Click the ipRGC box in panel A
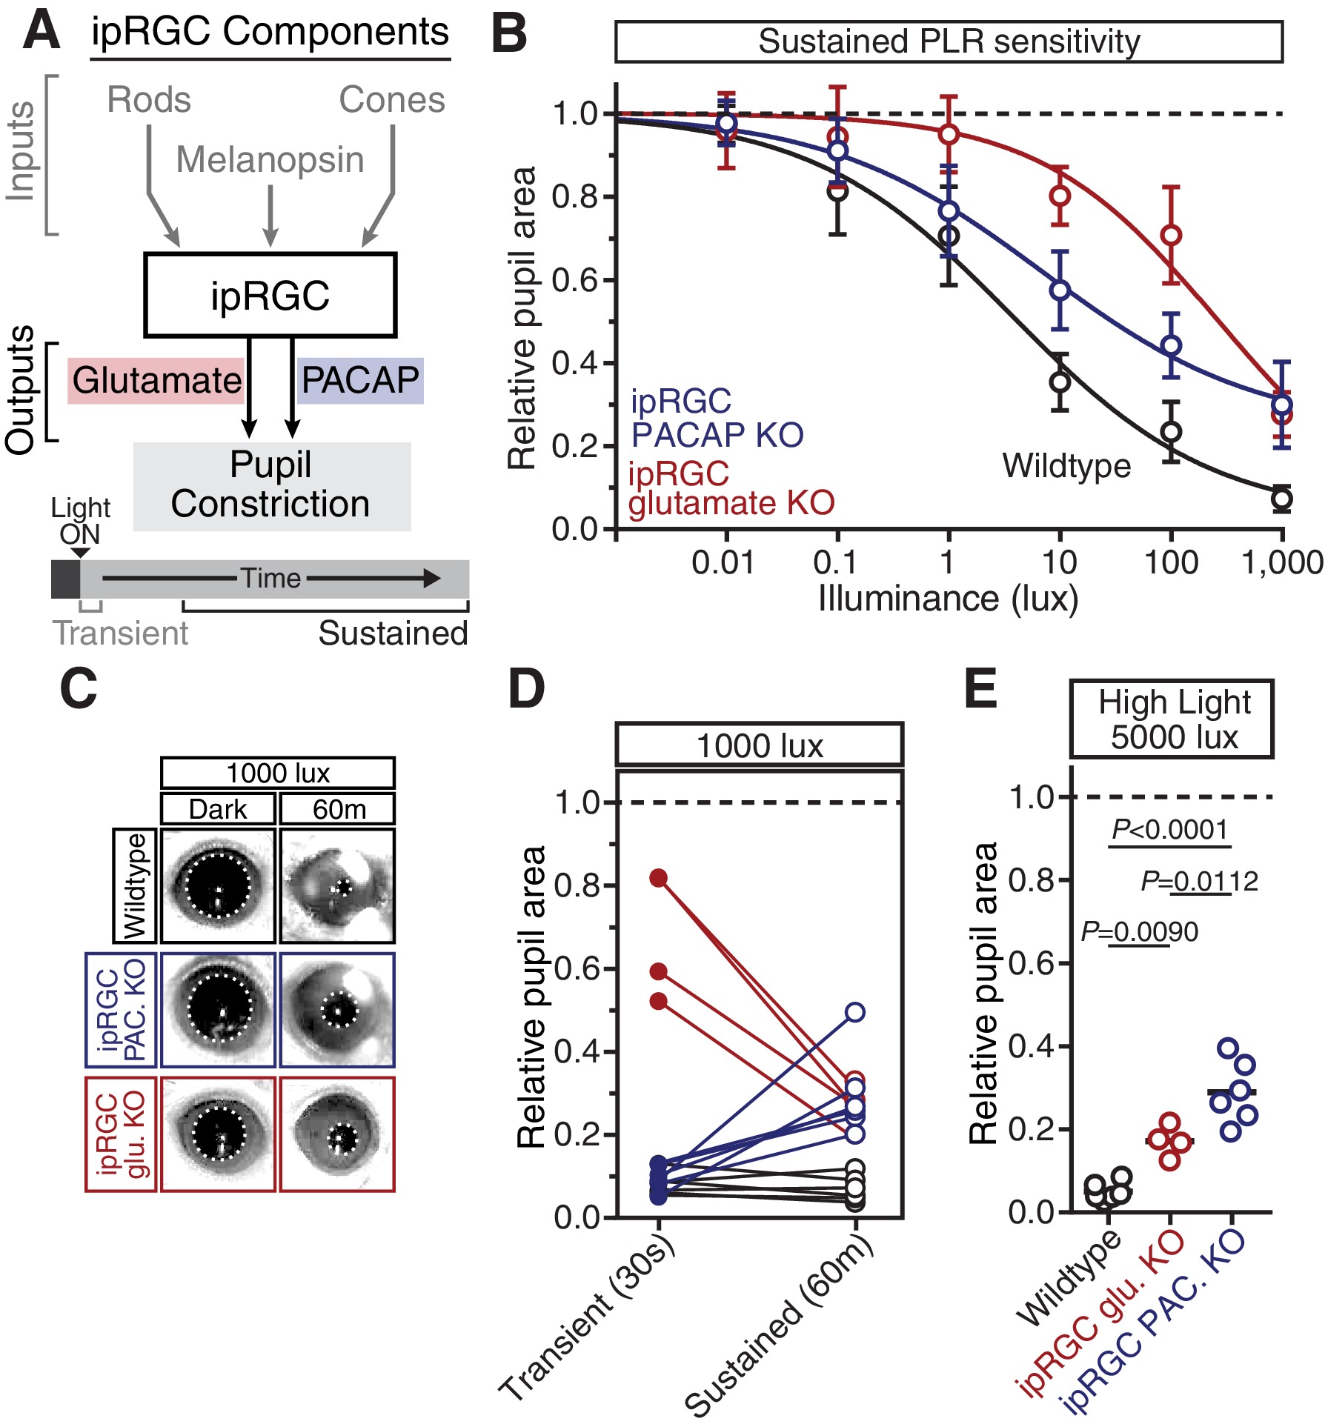click(x=270, y=295)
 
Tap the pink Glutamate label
click(x=156, y=381)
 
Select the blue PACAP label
click(x=360, y=381)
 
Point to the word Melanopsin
click(x=270, y=160)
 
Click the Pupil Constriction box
click(x=272, y=486)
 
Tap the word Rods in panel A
click(x=149, y=100)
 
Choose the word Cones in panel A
click(x=392, y=100)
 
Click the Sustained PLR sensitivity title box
click(x=949, y=41)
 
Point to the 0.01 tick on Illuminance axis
click(x=723, y=563)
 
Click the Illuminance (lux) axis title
click(x=949, y=599)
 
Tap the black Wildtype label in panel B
click(x=1067, y=466)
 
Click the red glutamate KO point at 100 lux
click(x=1171, y=236)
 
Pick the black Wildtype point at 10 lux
click(x=1060, y=382)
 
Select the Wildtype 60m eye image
click(x=337, y=885)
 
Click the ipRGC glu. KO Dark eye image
click(x=218, y=1134)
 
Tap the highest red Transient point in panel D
click(x=659, y=878)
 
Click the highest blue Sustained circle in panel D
click(x=855, y=1012)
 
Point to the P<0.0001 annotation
click(x=1170, y=830)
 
